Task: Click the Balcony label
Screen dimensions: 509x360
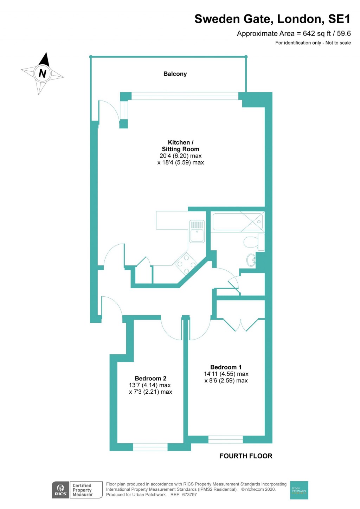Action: [x=175, y=74]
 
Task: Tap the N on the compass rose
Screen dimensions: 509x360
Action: [x=43, y=73]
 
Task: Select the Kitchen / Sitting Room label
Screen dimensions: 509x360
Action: [x=180, y=146]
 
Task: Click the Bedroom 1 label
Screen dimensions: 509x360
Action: [x=226, y=367]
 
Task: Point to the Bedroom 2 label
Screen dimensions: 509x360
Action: [x=150, y=378]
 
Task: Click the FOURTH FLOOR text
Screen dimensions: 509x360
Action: [x=246, y=456]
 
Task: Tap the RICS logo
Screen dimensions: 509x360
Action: [x=60, y=490]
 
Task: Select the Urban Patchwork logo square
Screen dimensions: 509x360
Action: [x=299, y=490]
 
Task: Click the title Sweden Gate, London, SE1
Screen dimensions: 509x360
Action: [x=272, y=19]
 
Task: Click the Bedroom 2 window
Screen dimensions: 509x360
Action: [x=150, y=447]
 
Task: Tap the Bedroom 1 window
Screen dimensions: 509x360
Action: [x=225, y=439]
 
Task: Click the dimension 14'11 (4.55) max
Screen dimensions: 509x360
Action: [x=226, y=374]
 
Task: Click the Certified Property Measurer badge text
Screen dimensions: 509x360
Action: [x=83, y=490]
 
